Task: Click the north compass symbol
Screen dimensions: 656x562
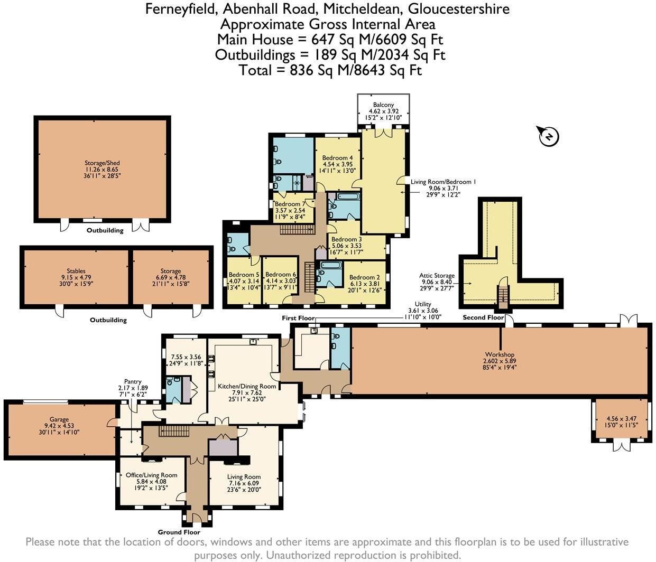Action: [549, 136]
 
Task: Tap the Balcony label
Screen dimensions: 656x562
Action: [383, 105]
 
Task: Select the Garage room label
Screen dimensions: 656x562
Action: [59, 419]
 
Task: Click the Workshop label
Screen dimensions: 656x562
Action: [500, 354]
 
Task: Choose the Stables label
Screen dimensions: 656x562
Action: [76, 271]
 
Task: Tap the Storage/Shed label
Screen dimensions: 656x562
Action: [102, 163]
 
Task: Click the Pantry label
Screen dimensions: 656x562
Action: [133, 381]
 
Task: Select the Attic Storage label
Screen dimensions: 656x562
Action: [437, 276]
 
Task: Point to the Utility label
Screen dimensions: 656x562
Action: [423, 304]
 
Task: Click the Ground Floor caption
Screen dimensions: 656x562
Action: [179, 532]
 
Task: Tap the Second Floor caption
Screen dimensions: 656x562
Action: [483, 317]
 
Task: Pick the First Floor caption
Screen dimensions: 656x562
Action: [298, 318]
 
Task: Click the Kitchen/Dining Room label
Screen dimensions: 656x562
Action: [247, 386]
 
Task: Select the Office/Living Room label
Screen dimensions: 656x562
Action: [151, 475]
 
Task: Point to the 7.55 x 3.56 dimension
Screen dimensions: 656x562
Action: [186, 357]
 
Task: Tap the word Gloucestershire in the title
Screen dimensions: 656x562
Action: [459, 9]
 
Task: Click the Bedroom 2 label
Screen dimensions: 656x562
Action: [364, 277]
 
